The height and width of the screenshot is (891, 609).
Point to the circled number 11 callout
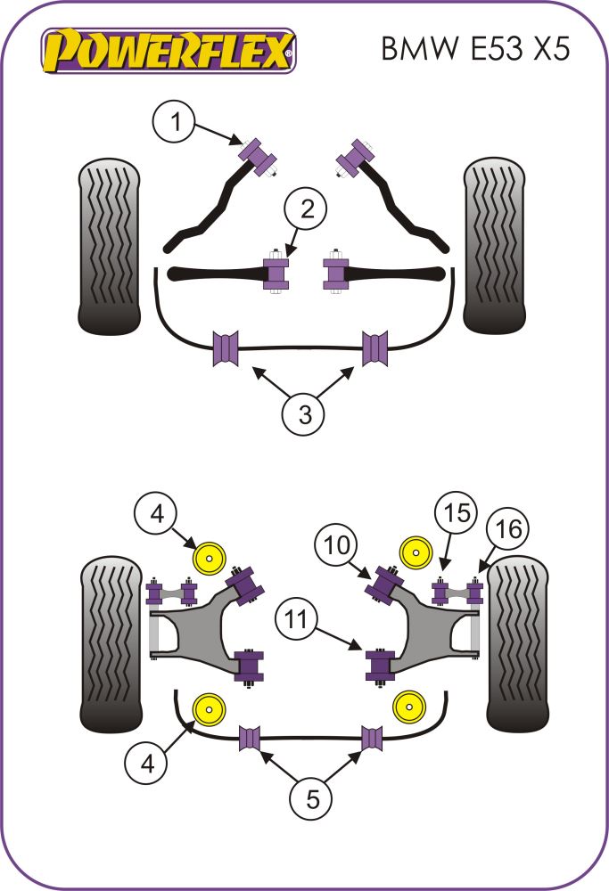[x=299, y=620]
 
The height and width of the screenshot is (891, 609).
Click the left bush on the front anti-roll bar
[x=226, y=347]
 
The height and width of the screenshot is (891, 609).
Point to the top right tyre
[x=494, y=245]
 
